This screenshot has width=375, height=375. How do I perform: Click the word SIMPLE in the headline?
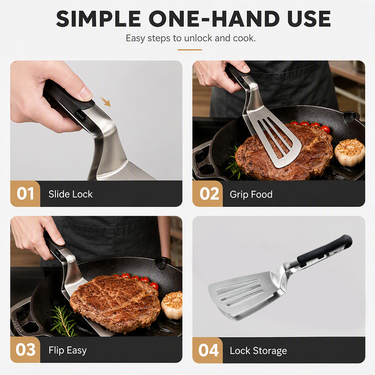[x=98, y=19]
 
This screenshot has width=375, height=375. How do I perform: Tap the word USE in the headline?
[x=309, y=19]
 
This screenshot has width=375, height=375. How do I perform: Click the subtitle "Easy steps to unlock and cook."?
[x=191, y=38]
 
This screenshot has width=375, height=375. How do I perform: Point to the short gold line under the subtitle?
[x=190, y=50]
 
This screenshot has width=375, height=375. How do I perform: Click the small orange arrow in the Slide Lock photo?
[x=106, y=102]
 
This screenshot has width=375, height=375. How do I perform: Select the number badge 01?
[x=25, y=194]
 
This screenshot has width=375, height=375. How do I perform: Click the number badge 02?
[x=208, y=194]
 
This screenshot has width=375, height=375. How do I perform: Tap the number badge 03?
[x=25, y=350]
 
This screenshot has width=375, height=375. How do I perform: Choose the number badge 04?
[x=208, y=350]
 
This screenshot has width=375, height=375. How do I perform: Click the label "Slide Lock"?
[x=70, y=194]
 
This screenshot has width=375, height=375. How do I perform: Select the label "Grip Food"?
[x=251, y=195]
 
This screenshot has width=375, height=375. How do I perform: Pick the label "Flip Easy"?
[x=67, y=350]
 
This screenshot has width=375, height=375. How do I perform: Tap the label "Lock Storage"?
[x=258, y=351]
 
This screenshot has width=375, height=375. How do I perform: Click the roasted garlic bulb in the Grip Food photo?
[x=349, y=152]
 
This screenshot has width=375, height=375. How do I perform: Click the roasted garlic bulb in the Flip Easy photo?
[x=172, y=305]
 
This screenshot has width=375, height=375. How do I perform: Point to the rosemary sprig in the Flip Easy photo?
[x=63, y=321]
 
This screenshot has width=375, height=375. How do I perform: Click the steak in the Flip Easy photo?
[x=115, y=304]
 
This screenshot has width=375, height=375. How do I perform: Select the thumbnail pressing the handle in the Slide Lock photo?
[x=85, y=93]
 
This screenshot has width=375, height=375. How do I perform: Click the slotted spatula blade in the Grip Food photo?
[x=276, y=139]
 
